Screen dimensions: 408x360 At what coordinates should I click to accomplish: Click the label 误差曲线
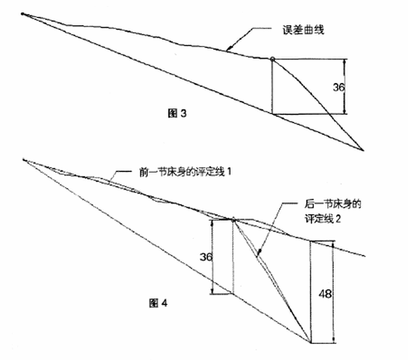(304, 30)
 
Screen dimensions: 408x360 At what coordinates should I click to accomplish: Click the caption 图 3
(177, 114)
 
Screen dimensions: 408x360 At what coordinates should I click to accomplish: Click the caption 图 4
(158, 303)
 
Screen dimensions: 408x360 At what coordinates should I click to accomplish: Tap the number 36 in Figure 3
(338, 87)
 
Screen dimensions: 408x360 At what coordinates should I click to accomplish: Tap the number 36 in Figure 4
(206, 257)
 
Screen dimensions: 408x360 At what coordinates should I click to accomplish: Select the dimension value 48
(325, 294)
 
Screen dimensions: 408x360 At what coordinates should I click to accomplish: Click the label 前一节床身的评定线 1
(185, 172)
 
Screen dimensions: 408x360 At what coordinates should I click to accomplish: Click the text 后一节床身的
(333, 204)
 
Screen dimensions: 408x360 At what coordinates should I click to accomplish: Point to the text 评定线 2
(322, 219)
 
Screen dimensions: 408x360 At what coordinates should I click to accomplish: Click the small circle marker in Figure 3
(272, 59)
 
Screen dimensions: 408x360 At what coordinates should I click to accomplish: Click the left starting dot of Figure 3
(23, 14)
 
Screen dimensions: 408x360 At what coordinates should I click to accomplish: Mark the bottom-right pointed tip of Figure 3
(363, 150)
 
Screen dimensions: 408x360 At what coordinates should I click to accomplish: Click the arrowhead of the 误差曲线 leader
(228, 49)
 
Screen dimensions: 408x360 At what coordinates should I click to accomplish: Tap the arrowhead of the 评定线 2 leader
(259, 251)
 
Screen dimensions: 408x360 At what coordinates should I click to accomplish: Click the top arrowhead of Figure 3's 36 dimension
(345, 61)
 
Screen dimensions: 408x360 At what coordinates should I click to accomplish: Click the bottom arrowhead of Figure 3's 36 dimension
(345, 111)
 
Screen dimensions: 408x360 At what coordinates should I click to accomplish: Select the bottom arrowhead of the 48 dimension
(334, 341)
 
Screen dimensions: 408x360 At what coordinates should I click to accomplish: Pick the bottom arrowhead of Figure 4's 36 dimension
(213, 291)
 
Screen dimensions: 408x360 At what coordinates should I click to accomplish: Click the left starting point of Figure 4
(24, 159)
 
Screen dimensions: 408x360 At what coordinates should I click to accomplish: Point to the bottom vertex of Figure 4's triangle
(310, 343)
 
